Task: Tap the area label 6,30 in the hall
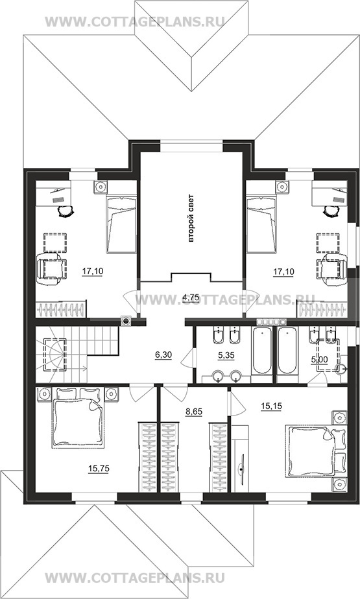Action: pos(163,355)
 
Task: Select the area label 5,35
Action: pos(226,355)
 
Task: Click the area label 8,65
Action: pos(194,412)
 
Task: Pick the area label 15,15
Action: pos(271,406)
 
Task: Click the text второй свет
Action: pos(191,218)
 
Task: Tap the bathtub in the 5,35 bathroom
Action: pos(262,351)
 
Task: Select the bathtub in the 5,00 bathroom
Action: pos(287,351)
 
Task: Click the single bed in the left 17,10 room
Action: pos(121,224)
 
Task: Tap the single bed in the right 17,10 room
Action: pos(261,224)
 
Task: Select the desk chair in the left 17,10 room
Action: pos(66,209)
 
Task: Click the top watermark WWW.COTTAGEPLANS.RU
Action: pos(134,21)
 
